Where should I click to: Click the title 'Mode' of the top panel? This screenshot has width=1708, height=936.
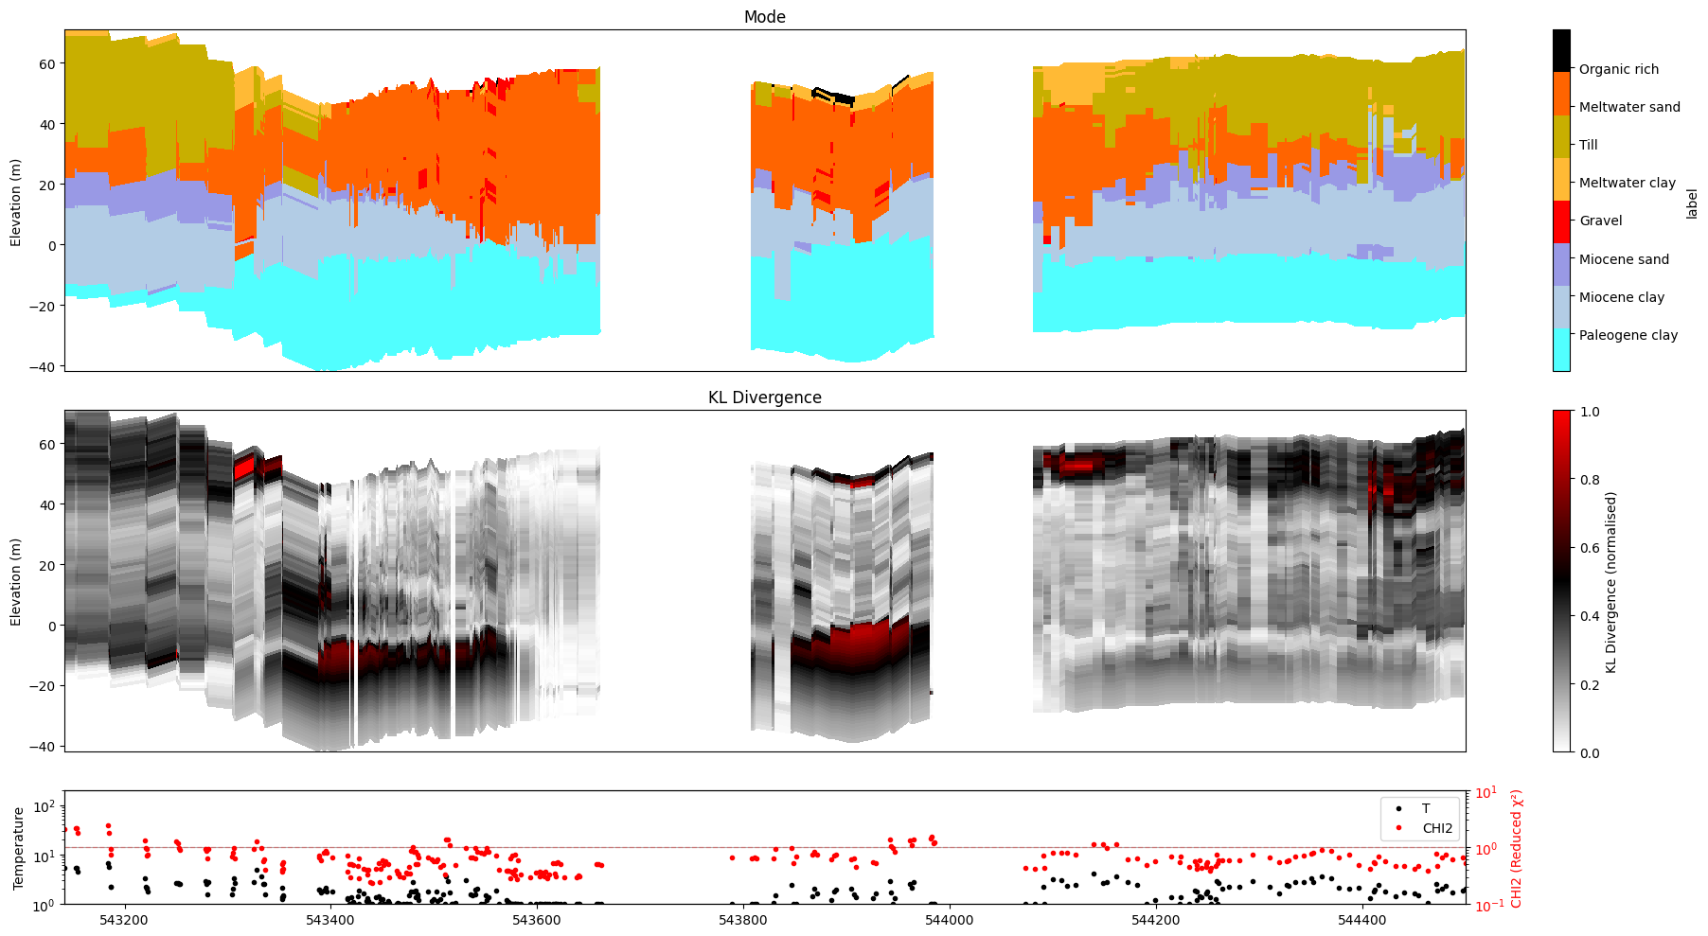pyautogui.click(x=764, y=17)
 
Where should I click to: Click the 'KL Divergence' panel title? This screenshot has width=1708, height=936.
pyautogui.click(x=764, y=397)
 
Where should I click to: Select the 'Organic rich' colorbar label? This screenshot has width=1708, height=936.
pyautogui.click(x=1618, y=69)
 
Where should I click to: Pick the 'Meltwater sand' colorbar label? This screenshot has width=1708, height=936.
pyautogui.click(x=1628, y=107)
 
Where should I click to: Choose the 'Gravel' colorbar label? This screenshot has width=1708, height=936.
pyautogui.click(x=1600, y=221)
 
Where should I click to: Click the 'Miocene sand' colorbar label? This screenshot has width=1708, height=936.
pyautogui.click(x=1624, y=259)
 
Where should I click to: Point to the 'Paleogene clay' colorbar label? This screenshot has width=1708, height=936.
pyautogui.click(x=1628, y=335)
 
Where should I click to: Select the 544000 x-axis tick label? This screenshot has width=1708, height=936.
pyautogui.click(x=949, y=920)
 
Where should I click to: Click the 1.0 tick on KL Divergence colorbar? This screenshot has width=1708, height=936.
pyautogui.click(x=1590, y=412)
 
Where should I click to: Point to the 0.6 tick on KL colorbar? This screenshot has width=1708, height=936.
pyautogui.click(x=1590, y=548)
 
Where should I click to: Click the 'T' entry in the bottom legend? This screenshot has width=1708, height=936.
pyautogui.click(x=1425, y=808)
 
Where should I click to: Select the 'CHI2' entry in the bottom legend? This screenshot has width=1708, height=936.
pyautogui.click(x=1436, y=828)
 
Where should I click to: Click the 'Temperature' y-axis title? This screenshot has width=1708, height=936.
pyautogui.click(x=18, y=848)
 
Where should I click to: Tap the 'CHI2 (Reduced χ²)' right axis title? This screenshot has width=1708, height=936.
pyautogui.click(x=1516, y=848)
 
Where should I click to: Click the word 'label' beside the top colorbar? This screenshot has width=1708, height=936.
pyautogui.click(x=1691, y=203)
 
